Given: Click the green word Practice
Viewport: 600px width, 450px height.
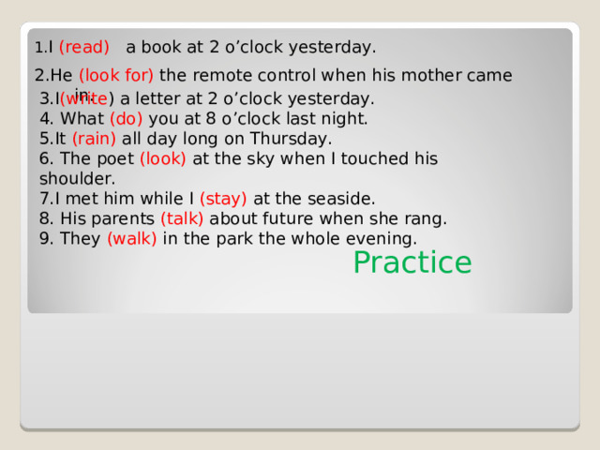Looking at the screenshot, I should coord(412,262).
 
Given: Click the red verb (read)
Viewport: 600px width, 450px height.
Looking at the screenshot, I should coord(84,47).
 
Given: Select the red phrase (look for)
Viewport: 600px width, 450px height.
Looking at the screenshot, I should coord(116,76).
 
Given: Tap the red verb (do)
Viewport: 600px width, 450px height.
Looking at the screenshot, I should coord(127,119).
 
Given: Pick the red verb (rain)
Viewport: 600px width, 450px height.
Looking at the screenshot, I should coord(94,139).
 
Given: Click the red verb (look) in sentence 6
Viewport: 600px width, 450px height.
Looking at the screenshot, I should coord(163,158).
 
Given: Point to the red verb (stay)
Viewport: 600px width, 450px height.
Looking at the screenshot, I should coord(223,198).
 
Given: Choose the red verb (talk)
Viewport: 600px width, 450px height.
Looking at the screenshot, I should coord(182,218).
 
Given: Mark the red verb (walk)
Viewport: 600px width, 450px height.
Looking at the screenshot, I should coord(132,238).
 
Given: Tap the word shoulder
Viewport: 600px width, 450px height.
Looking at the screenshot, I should coord(77,178).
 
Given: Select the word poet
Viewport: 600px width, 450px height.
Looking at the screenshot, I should coord(116,158).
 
